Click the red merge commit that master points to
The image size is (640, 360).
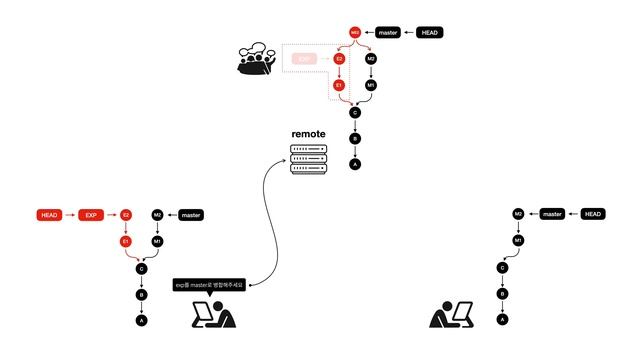(354, 33)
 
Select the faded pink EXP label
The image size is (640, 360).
(304, 59)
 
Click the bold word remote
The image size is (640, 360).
(308, 134)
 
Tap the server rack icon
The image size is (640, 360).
(308, 158)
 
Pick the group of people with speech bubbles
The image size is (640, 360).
(259, 59)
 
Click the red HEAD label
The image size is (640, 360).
(50, 215)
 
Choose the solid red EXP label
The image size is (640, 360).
(91, 215)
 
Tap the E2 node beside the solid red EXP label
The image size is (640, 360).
(126, 215)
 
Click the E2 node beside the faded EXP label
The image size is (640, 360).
(339, 59)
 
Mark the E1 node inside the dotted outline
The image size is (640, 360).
(339, 86)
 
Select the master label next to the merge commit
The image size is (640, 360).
(389, 33)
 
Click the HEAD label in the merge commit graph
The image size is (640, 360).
(428, 33)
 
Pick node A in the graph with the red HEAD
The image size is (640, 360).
(141, 320)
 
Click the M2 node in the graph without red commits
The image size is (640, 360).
(518, 214)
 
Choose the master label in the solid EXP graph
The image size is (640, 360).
(192, 215)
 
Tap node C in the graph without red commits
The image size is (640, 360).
(502, 267)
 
